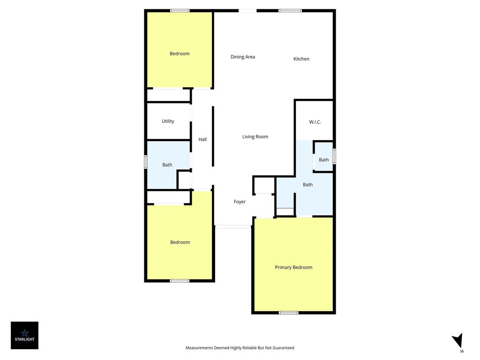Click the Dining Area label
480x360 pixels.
(243, 57)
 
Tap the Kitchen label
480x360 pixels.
(301, 59)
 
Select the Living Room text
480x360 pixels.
(255, 137)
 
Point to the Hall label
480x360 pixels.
(202, 139)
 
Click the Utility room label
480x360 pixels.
(168, 121)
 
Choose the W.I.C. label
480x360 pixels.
(315, 122)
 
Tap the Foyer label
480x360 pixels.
(240, 202)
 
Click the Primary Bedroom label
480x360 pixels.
(293, 267)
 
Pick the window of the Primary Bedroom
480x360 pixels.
(288, 313)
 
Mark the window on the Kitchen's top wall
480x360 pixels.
(290, 11)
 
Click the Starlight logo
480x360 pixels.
(24, 335)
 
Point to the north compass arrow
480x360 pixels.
(458, 341)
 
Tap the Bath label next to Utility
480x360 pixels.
(167, 165)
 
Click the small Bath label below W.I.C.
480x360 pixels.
(324, 160)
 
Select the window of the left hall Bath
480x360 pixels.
(146, 162)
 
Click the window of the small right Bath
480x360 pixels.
(334, 156)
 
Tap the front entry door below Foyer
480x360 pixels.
(233, 227)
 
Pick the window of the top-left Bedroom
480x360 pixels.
(180, 11)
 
